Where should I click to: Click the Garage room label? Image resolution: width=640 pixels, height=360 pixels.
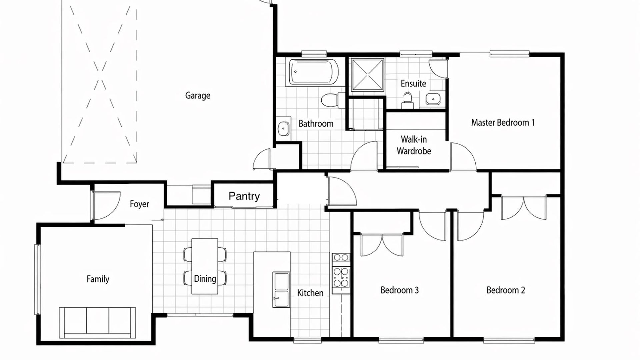coord(198,96)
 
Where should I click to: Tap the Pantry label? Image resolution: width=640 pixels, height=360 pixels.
coord(244,196)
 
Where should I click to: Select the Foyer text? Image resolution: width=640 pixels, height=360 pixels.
coord(139,204)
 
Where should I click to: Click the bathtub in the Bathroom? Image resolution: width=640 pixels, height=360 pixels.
coord(314,72)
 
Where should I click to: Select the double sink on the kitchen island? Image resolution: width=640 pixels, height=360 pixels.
coord(281,290)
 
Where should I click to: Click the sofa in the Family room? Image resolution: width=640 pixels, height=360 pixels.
coord(97,323)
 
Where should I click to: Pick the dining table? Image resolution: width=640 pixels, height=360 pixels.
coord(205,266)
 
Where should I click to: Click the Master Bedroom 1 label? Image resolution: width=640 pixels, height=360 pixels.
coord(503,123)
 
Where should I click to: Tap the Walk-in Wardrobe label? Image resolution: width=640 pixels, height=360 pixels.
coord(414,145)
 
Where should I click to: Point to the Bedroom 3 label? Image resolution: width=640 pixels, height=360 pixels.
coord(399,290)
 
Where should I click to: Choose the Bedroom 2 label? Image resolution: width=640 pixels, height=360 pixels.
coord(506,290)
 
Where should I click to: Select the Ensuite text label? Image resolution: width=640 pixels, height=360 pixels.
coord(413,83)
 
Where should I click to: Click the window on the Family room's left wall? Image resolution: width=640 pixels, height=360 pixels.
coord(37,279)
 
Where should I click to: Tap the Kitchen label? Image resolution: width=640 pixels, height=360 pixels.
coord(310,293)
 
